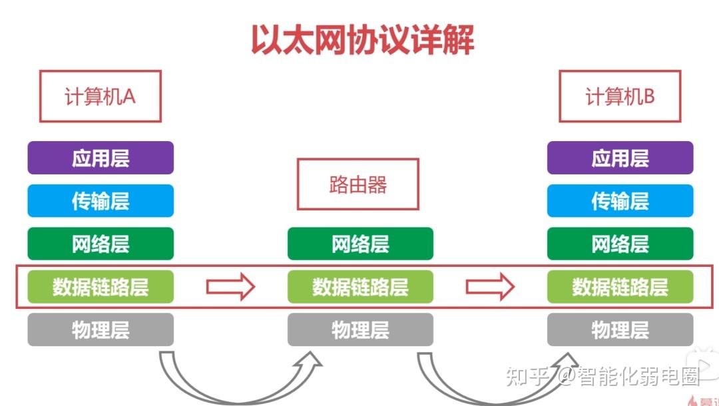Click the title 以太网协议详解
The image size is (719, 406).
coord(362,39)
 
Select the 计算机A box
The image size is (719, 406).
coord(100,97)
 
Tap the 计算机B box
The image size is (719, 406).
coord(620,97)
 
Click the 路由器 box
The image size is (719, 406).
coord(358,184)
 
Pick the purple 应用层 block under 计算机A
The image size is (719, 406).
coord(101,158)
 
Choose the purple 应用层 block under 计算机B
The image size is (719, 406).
coord(620,158)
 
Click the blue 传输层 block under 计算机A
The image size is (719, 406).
coord(101,201)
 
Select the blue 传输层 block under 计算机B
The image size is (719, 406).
coord(620,201)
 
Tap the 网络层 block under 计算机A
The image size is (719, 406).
coord(101,244)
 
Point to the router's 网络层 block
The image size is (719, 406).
coord(360,244)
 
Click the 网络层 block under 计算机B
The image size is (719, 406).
coord(620,244)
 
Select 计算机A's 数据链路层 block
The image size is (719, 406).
coord(101,287)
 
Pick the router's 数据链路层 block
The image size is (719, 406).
coord(360,287)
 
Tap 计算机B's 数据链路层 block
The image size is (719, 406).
coord(620,287)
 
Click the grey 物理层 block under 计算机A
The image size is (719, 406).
coord(101,329)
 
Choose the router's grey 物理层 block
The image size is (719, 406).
coord(360,329)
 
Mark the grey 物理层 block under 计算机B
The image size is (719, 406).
coord(620,329)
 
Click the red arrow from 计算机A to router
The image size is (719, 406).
coord(230,287)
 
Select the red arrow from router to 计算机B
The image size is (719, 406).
coord(490,287)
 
